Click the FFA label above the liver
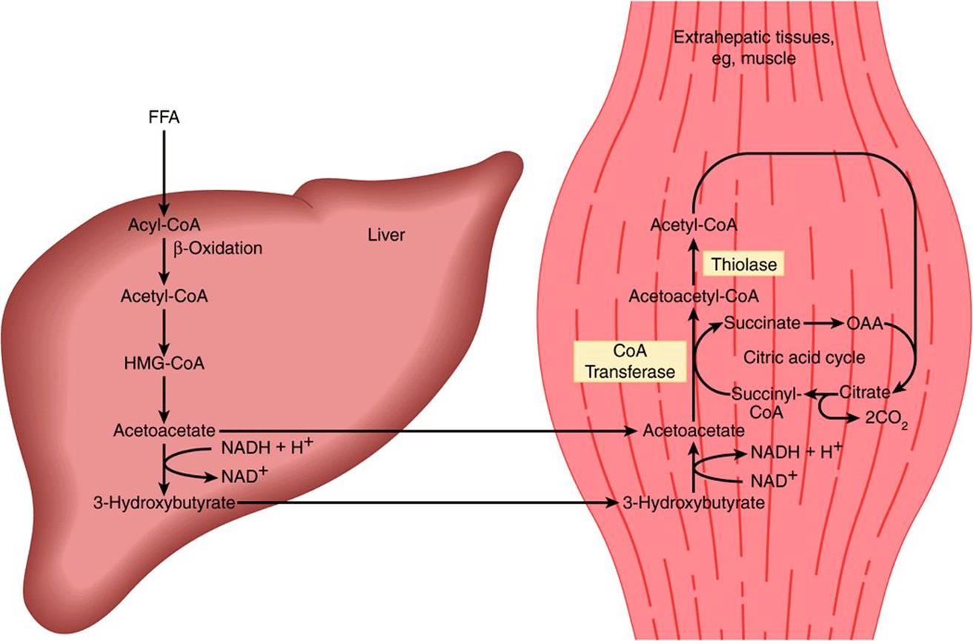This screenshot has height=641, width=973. (x=164, y=117)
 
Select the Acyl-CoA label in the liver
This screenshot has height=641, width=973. (x=165, y=225)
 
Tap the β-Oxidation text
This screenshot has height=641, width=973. (x=218, y=249)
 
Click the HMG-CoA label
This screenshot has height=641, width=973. (x=165, y=364)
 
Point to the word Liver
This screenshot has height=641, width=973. (x=386, y=235)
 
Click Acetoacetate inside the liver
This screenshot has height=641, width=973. (x=165, y=431)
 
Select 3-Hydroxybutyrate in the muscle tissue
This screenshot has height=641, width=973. (x=694, y=503)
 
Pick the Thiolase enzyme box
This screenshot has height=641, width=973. (x=744, y=264)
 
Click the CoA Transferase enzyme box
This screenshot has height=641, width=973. (x=630, y=362)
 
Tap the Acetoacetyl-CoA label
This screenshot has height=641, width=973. (x=694, y=296)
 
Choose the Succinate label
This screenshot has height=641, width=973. (x=762, y=322)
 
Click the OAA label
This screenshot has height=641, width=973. (x=864, y=324)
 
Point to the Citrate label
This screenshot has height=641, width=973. (x=864, y=393)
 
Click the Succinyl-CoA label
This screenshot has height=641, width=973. (x=766, y=403)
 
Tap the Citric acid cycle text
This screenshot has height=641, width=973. (x=804, y=357)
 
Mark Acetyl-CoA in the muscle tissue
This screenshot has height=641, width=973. (x=694, y=225)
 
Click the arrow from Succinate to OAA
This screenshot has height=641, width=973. (x=823, y=324)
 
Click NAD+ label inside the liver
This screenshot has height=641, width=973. (x=244, y=476)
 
